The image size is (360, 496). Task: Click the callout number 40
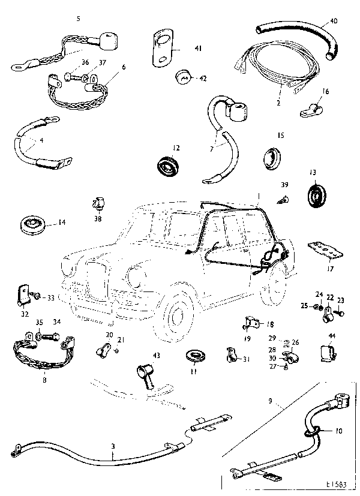tap(333, 21)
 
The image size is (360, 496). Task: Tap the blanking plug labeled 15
tap(274, 158)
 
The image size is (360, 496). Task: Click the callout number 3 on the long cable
tap(113, 446)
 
